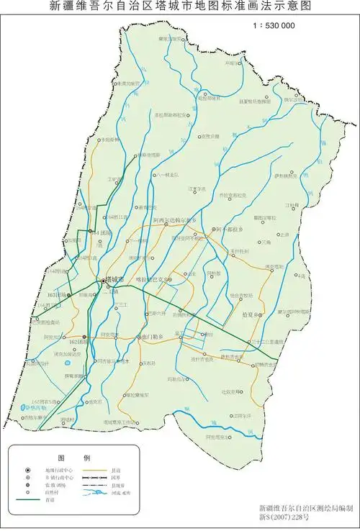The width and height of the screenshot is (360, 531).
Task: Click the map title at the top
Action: pos(181,7)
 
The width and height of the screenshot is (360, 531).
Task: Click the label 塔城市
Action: pos(114,278)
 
